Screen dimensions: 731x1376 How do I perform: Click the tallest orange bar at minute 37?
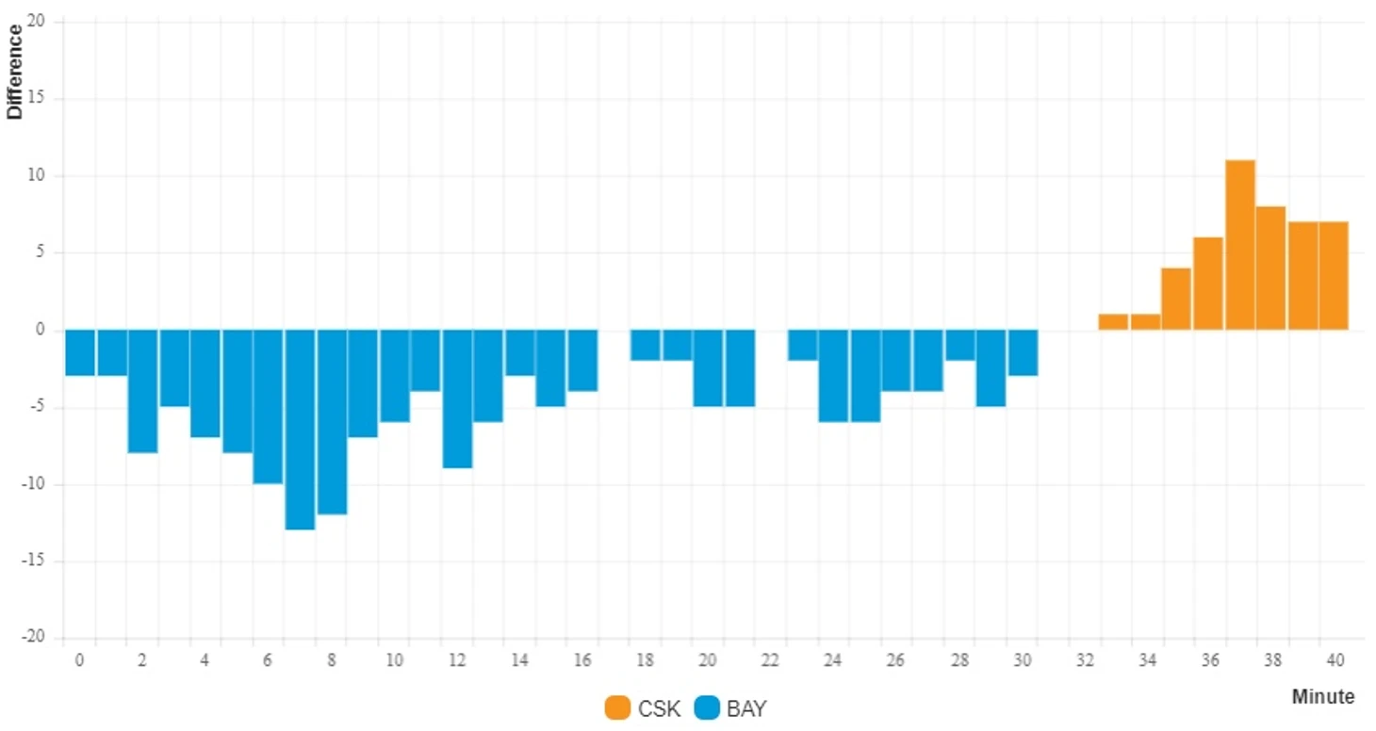pyautogui.click(x=1239, y=245)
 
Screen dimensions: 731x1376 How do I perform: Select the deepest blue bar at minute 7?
pyautogui.click(x=300, y=430)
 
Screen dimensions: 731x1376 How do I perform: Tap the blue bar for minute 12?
pyautogui.click(x=457, y=398)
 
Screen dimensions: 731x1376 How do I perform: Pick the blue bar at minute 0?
pyautogui.click(x=80, y=352)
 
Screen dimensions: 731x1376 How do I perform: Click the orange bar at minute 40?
pyautogui.click(x=1334, y=275)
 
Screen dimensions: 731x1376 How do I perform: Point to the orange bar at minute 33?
pyautogui.click(x=1113, y=321)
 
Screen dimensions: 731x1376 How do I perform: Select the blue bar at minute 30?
pyautogui.click(x=1023, y=352)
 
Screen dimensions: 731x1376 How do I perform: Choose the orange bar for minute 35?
pyautogui.click(x=1176, y=299)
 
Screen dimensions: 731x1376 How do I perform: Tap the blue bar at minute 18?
pyautogui.click(x=646, y=345)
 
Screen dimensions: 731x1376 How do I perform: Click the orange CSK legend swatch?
pyautogui.click(x=617, y=708)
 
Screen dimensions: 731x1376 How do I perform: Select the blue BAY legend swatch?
pyautogui.click(x=706, y=708)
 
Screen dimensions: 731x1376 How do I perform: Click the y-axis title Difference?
pyautogui.click(x=14, y=72)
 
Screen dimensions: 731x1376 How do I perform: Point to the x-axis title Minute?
pyautogui.click(x=1322, y=697)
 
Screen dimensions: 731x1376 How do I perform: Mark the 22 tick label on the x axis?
pyautogui.click(x=770, y=660)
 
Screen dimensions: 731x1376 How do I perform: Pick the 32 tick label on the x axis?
pyautogui.click(x=1084, y=660)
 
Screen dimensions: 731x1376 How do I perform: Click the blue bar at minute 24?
pyautogui.click(x=833, y=376)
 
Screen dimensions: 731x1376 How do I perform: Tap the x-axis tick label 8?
pyautogui.click(x=331, y=660)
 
